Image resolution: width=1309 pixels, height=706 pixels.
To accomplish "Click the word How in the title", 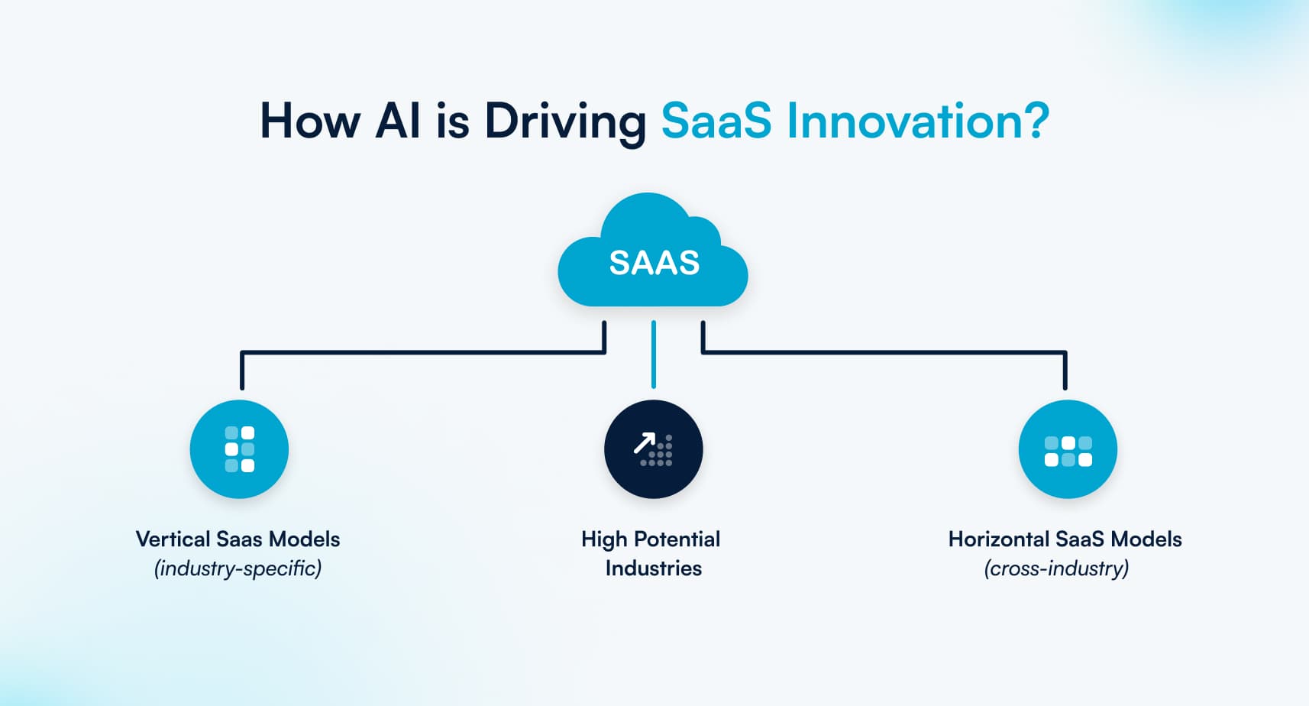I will point(309,121).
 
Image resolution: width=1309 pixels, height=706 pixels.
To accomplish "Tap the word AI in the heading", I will point(398,121).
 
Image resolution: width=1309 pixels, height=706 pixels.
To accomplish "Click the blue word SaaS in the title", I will point(716,121).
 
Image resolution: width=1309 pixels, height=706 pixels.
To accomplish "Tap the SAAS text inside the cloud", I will point(654,263).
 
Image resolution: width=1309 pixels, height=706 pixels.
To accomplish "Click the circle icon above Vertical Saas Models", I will point(239,449).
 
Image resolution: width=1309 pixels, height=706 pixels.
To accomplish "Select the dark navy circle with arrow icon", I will point(654,449).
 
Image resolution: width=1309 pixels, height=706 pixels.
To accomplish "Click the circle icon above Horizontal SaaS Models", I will point(1068,449).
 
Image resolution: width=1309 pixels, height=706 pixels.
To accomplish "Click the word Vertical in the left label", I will point(173,539).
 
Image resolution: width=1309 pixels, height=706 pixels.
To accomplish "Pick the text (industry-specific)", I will point(238,568).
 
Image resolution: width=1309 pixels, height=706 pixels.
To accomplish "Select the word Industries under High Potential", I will point(653,568).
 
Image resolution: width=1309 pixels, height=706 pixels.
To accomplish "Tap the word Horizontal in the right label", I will point(998,539).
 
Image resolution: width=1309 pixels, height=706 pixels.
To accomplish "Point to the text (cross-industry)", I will point(1056,568).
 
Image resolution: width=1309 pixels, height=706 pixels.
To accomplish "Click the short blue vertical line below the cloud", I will point(654,355).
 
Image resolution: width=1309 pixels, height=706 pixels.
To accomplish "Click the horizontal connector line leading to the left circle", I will point(420,352).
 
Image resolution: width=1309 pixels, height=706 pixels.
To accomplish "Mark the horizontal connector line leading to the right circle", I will point(886,352).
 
